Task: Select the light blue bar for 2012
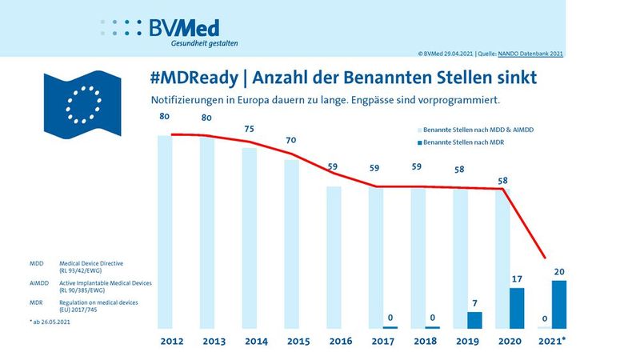pyautogui.click(x=166, y=232)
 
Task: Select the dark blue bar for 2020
pyautogui.click(x=517, y=308)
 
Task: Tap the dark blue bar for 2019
pyautogui.click(x=474, y=320)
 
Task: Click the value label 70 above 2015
pyautogui.click(x=291, y=140)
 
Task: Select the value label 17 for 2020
pyautogui.click(x=517, y=279)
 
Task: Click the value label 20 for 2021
pyautogui.click(x=558, y=271)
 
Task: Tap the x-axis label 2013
pyautogui.click(x=214, y=342)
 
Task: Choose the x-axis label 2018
pyautogui.click(x=426, y=342)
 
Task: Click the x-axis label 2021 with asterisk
pyautogui.click(x=553, y=342)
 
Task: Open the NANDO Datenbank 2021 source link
pyautogui.click(x=532, y=54)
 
